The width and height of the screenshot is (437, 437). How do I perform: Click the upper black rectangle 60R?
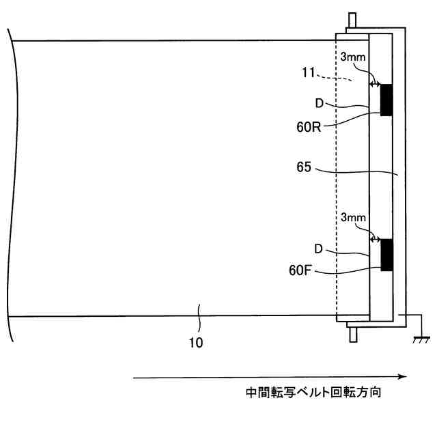tap(387, 100)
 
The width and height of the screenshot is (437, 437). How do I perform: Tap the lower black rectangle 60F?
tap(387, 255)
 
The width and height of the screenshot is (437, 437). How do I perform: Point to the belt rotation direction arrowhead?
tap(403, 376)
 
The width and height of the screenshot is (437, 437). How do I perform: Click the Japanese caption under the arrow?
tap(318, 394)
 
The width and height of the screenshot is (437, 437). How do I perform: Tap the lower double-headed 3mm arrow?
tap(374, 238)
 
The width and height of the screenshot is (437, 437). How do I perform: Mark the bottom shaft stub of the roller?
tap(352, 333)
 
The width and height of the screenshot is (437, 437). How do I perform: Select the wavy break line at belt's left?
tap(10, 178)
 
